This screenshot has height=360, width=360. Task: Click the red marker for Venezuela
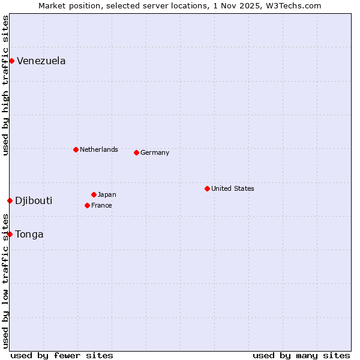tap(11, 61)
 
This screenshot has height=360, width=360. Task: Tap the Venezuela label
tap(41, 61)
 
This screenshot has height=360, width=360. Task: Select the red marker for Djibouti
tap(10, 200)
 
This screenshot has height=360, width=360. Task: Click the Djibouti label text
tap(34, 200)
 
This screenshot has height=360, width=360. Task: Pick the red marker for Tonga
tap(10, 234)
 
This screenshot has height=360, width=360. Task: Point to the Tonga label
tap(29, 234)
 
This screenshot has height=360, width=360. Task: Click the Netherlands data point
tap(76, 149)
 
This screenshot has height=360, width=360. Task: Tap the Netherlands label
tap(99, 149)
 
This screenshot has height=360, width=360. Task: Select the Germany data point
tap(136, 152)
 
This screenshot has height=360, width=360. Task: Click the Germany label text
tap(155, 152)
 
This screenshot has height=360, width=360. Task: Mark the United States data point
tap(207, 188)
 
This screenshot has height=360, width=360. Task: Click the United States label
tap(233, 188)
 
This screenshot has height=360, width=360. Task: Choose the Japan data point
tap(94, 194)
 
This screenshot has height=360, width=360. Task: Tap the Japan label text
tap(107, 194)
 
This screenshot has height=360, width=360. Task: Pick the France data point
tap(87, 205)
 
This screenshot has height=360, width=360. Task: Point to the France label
tap(101, 205)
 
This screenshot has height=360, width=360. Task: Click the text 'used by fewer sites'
tap(62, 355)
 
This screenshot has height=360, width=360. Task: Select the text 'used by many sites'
tap(301, 355)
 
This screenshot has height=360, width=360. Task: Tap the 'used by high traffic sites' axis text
tap(5, 85)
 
